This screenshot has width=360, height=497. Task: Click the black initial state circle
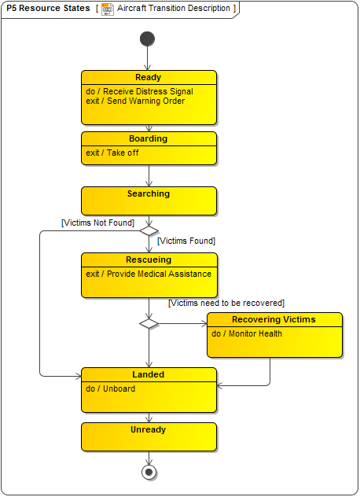(x=148, y=39)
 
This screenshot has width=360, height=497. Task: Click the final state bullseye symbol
(x=148, y=472)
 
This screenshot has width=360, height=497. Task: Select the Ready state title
(x=148, y=77)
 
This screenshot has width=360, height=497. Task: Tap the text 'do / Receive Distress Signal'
(x=139, y=91)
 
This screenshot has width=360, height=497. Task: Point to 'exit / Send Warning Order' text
(x=135, y=101)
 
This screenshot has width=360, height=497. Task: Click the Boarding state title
(x=148, y=138)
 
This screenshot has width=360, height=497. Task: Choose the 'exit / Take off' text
(x=112, y=153)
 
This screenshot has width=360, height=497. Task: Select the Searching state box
(x=148, y=201)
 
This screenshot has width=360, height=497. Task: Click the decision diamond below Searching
(x=148, y=231)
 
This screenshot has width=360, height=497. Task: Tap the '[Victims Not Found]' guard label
(x=97, y=223)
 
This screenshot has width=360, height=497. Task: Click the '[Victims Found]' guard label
(x=186, y=241)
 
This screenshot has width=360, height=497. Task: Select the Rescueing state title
(x=148, y=260)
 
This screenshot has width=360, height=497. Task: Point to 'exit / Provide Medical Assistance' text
(x=149, y=274)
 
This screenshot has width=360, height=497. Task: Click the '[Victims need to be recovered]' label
(x=226, y=303)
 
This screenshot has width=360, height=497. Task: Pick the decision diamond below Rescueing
(x=148, y=323)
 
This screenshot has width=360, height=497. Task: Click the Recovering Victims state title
(x=274, y=319)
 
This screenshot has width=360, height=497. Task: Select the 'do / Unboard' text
(x=111, y=388)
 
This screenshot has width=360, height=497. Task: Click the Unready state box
(x=148, y=436)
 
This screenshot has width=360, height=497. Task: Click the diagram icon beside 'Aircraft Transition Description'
(x=108, y=9)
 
